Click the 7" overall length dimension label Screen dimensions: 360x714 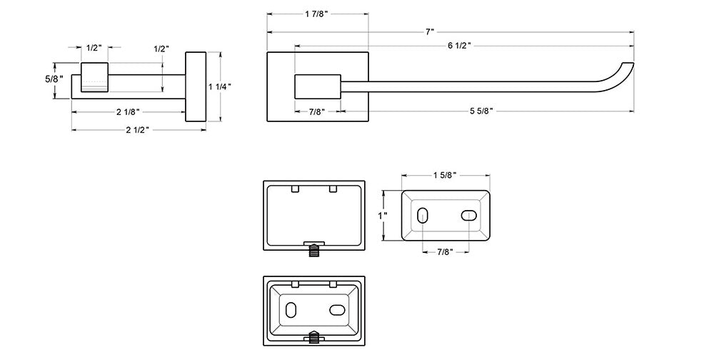429,32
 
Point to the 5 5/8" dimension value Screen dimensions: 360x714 482,111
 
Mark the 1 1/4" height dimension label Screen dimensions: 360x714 220,86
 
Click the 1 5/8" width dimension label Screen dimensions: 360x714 444,175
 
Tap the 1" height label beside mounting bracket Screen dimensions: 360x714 383,215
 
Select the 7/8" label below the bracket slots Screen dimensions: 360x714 444,251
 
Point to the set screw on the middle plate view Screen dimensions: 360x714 315,250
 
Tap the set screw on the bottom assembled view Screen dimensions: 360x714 315,338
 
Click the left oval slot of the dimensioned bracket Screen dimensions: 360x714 422,215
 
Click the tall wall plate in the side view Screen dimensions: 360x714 196,86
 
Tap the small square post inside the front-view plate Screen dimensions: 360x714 318,86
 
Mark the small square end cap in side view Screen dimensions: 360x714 94,78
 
